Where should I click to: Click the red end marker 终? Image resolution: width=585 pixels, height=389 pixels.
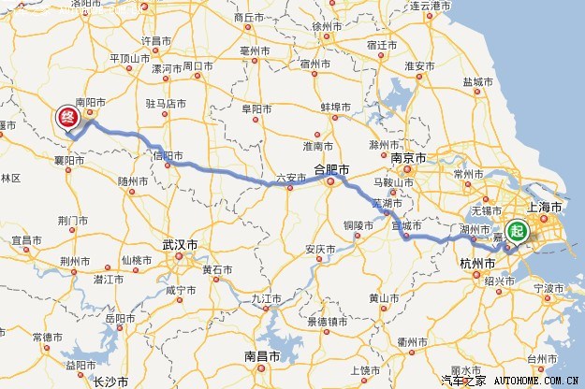point(67,117)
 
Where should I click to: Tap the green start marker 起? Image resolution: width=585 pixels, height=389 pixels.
point(517,231)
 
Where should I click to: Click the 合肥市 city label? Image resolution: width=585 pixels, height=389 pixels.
point(330,170)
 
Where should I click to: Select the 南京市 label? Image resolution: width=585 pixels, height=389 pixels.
point(409,159)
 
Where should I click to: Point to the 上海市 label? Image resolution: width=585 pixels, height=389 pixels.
point(545,207)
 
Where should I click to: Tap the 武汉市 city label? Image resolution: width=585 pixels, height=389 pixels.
point(180,245)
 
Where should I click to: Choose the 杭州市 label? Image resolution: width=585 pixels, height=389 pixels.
point(477,265)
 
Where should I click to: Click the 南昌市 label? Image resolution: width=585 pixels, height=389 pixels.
point(263,356)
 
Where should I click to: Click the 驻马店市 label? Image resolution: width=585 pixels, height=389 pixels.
point(166,103)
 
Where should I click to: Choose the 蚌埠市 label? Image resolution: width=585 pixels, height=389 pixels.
point(336,108)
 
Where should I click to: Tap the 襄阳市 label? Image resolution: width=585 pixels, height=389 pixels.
point(69,161)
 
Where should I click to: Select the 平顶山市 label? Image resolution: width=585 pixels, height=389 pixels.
point(130,58)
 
